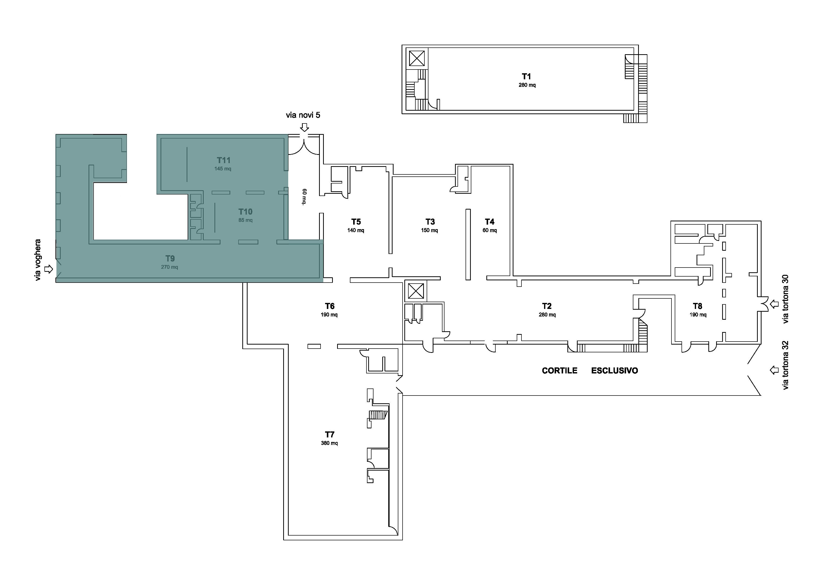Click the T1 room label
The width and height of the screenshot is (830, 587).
[526, 76]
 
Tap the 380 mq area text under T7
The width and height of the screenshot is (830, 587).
[329, 443]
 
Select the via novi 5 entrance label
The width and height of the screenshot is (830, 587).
[303, 115]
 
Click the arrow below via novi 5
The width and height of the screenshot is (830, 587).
[305, 127]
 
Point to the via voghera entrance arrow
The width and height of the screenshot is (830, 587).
[48, 269]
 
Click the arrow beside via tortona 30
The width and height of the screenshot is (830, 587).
[774, 304]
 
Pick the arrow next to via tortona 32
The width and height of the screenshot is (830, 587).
[774, 370]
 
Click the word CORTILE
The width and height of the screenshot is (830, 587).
[560, 371]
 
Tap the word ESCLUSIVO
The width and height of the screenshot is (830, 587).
[615, 371]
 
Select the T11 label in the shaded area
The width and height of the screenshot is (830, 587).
[223, 160]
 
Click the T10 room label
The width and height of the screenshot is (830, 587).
[246, 212]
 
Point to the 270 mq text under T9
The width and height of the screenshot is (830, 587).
[170, 267]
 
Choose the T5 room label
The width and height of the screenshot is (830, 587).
[356, 222]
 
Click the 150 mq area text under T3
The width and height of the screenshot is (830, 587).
[429, 230]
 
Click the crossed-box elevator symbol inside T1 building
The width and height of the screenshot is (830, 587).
[417, 58]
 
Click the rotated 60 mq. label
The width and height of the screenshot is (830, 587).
[304, 197]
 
